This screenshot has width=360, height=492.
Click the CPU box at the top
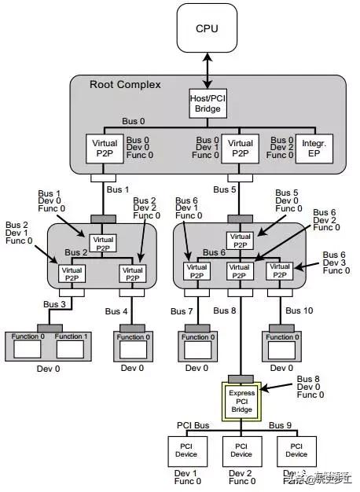[208, 29]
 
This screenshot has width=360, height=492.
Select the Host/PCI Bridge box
[208, 102]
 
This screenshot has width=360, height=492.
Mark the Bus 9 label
[281, 425]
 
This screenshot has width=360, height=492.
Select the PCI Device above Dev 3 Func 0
[295, 450]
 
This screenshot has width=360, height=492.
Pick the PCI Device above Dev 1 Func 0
[186, 450]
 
